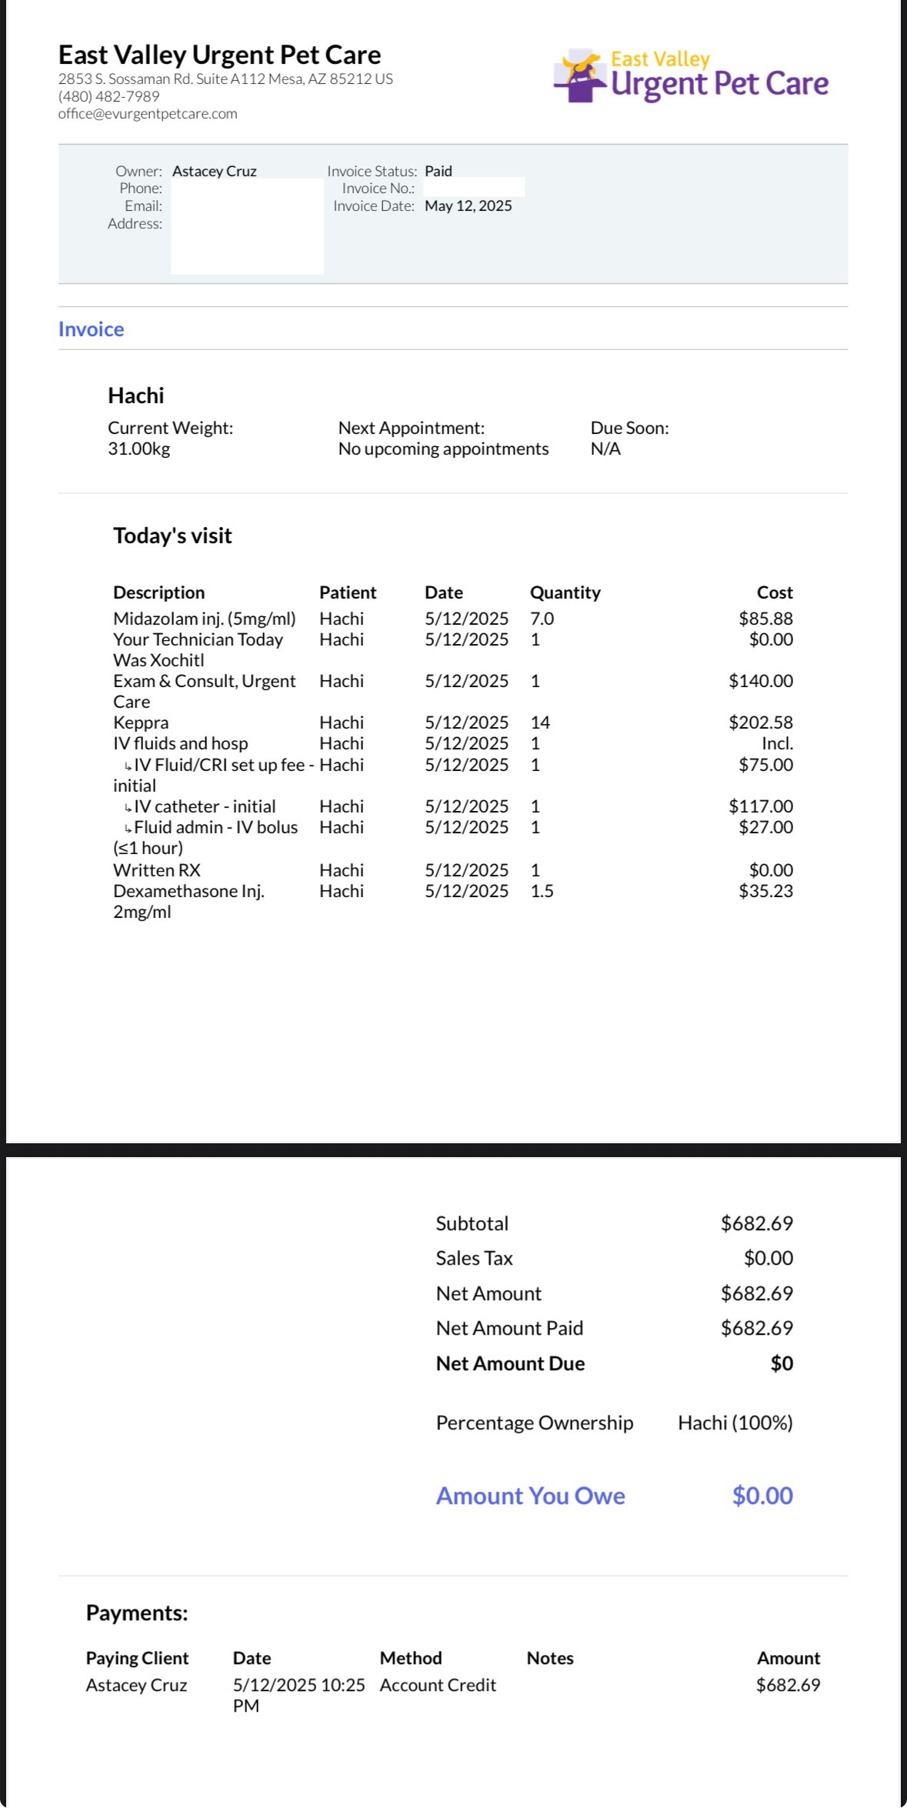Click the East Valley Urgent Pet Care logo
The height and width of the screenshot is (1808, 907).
[x=690, y=76]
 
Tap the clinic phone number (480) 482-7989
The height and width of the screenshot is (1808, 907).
[x=108, y=96]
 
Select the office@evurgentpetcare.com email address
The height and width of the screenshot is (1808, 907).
[x=148, y=114]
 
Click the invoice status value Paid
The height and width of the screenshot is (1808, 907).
[x=438, y=171]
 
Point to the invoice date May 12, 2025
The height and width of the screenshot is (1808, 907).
[x=468, y=205]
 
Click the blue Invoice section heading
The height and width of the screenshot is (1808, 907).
[x=91, y=329]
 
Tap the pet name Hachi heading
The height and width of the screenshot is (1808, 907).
[x=135, y=395]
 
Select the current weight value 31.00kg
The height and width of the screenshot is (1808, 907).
[x=138, y=449]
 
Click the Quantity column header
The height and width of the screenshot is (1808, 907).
[x=565, y=592]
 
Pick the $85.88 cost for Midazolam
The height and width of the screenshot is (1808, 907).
[x=765, y=619]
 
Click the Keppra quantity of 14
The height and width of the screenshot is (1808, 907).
[x=540, y=722]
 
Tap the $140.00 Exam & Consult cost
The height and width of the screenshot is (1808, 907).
[x=760, y=681]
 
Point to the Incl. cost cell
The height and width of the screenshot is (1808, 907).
[x=777, y=743]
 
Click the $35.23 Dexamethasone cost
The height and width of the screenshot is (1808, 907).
[x=765, y=891]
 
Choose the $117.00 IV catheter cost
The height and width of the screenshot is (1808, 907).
[x=760, y=806]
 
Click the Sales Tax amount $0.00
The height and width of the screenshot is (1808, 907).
[x=768, y=1258]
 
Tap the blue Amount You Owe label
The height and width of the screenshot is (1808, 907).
[x=530, y=1496]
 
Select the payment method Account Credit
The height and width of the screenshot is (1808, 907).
[x=438, y=1685]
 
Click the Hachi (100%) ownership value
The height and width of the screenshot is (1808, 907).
[x=735, y=1423]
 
